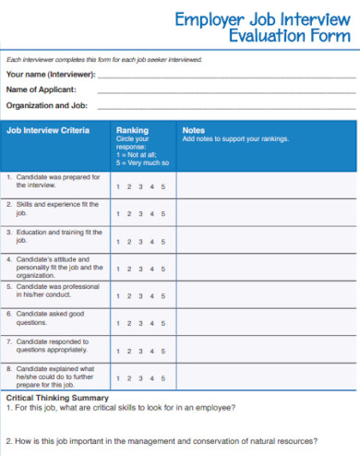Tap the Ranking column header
[x=132, y=131]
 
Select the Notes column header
[x=194, y=130]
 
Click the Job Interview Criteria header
[x=48, y=131]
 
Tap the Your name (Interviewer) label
[x=51, y=74]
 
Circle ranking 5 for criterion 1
[x=163, y=186]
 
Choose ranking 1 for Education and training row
[x=117, y=243]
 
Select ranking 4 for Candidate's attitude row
[x=152, y=270]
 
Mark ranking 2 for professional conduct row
[x=128, y=296]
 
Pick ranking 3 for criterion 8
[x=140, y=377]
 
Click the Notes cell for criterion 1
[x=265, y=186]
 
